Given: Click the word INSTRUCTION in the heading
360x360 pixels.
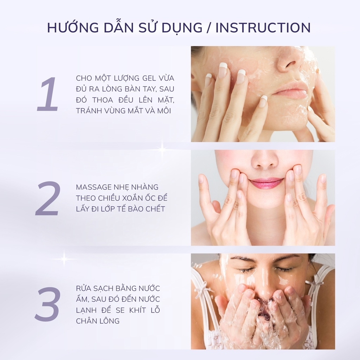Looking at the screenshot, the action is tap(263, 28).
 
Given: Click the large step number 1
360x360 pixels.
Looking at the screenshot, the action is tap(47, 95).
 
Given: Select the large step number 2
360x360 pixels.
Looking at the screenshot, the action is tap(48, 198).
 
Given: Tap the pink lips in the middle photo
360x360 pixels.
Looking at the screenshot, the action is tap(266, 183).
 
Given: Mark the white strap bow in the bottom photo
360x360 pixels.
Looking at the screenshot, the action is tap(201, 290).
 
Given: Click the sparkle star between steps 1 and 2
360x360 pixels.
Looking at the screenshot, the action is tap(162, 149).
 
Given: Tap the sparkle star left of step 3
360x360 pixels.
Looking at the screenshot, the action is tap(64, 259).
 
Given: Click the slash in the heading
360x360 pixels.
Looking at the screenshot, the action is tap(209, 28).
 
